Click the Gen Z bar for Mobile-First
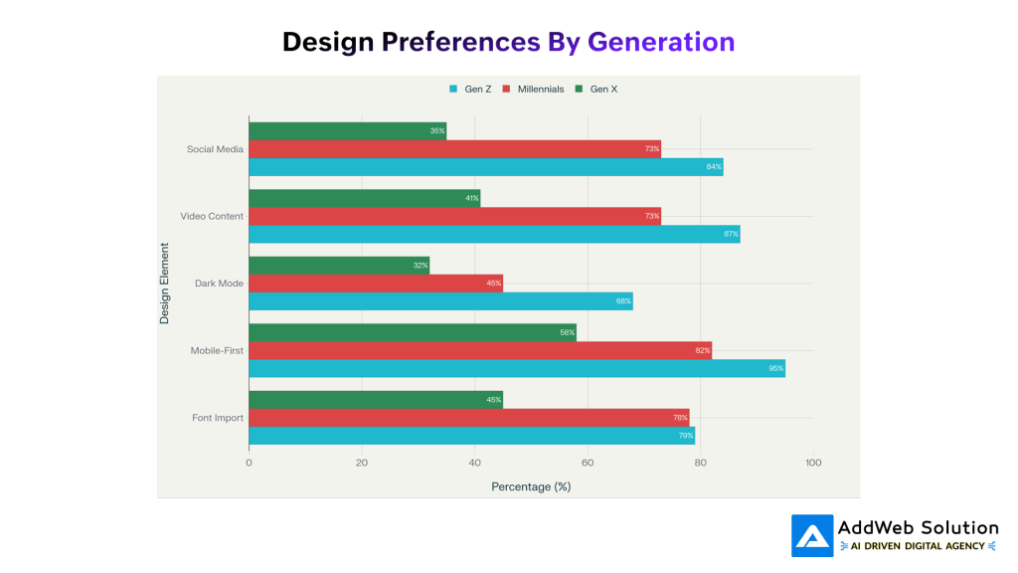pyautogui.click(x=517, y=368)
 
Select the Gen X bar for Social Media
pyautogui.click(x=347, y=130)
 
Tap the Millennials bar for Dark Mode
pyautogui.click(x=376, y=284)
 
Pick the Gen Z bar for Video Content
pyautogui.click(x=494, y=234)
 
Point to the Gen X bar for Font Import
pyautogui.click(x=376, y=400)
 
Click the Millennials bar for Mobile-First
pyautogui.click(x=480, y=350)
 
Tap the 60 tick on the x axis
pyautogui.click(x=588, y=463)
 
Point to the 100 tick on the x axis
pyautogui.click(x=813, y=463)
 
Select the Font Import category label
pyautogui.click(x=218, y=418)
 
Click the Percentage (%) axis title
pyautogui.click(x=531, y=486)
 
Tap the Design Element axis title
pyautogui.click(x=165, y=284)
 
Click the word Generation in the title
pyautogui.click(x=661, y=42)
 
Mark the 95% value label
pyautogui.click(x=775, y=369)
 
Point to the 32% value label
pyautogui.click(x=421, y=266)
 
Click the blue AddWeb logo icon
pyautogui.click(x=812, y=535)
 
